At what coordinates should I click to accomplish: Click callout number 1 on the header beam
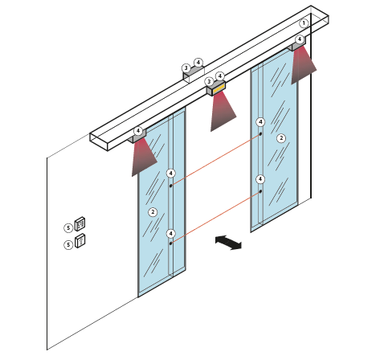pyautogui.click(x=304, y=23)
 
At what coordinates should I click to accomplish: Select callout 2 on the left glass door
pyautogui.click(x=153, y=212)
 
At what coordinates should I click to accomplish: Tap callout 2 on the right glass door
pyautogui.click(x=281, y=138)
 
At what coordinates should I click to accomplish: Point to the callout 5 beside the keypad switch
pyautogui.click(x=68, y=228)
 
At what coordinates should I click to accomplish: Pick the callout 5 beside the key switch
pyautogui.click(x=68, y=244)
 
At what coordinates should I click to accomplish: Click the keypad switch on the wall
pyautogui.click(x=80, y=224)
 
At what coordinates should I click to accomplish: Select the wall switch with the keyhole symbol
pyautogui.click(x=80, y=240)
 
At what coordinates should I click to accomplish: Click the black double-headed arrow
pyautogui.click(x=228, y=243)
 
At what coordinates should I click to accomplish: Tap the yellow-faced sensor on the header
pyautogui.click(x=216, y=88)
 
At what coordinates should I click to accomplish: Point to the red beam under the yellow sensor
pyautogui.click(x=222, y=111)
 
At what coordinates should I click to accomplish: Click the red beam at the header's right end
pyautogui.click(x=303, y=64)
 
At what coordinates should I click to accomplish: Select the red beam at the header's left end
pyautogui.click(x=143, y=157)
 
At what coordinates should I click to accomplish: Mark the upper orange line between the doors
pyautogui.click(x=215, y=160)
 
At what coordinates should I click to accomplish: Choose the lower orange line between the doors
pyautogui.click(x=215, y=218)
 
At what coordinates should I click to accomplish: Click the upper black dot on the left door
pyautogui.click(x=170, y=186)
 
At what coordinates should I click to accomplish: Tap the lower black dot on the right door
pyautogui.click(x=260, y=191)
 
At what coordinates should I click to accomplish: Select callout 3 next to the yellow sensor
pyautogui.click(x=209, y=81)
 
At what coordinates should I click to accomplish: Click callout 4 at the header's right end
pyautogui.click(x=300, y=39)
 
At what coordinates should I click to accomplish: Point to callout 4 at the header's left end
pyautogui.click(x=138, y=131)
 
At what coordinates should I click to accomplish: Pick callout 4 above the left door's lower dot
pyautogui.click(x=171, y=234)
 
